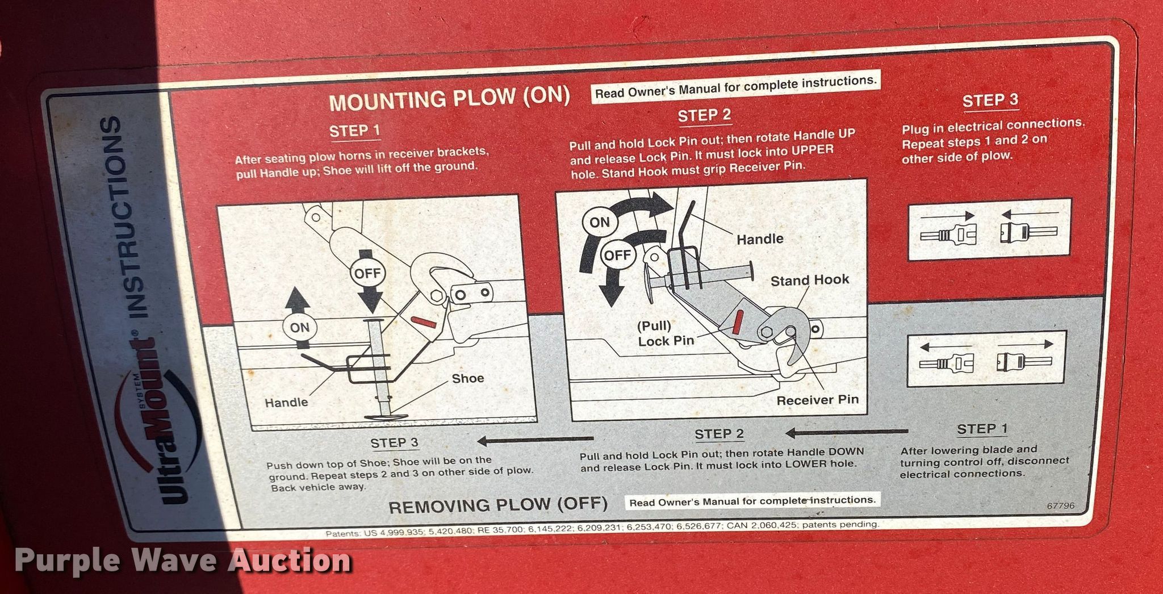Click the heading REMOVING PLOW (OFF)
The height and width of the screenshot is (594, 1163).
coord(498,505)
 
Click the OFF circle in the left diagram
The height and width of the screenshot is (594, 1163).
coord(367,273)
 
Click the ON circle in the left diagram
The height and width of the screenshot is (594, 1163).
coord(299,328)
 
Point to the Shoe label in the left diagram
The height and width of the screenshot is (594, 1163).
coord(468,378)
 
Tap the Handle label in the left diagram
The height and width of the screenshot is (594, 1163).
coord(286,403)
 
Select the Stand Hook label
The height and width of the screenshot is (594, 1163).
coord(810,280)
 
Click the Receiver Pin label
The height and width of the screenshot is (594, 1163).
coord(818,400)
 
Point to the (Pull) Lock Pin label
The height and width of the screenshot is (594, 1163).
coord(666,333)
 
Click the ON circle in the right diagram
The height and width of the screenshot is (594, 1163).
coord(599,223)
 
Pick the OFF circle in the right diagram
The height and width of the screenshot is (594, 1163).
coord(617,255)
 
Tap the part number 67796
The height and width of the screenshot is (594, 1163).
coord(1061,505)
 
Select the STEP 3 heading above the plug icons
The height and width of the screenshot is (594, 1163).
coord(990,101)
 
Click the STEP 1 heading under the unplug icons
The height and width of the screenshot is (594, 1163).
coord(982,429)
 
